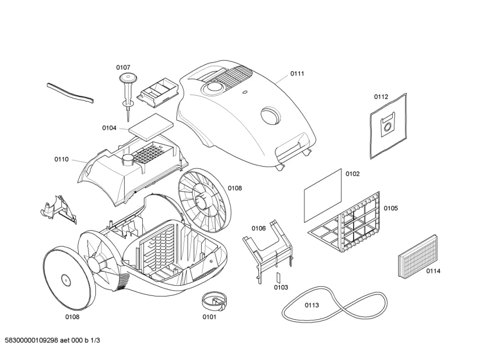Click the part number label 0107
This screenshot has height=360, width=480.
[x=123, y=67]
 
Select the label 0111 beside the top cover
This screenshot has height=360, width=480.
[x=298, y=74]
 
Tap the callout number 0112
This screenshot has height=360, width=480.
[x=381, y=97]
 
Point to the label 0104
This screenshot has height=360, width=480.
[x=109, y=128]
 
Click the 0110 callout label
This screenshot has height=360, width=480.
[x=62, y=159]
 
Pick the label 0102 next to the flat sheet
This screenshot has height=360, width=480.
[x=352, y=174]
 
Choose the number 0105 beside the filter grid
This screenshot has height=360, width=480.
[x=391, y=208]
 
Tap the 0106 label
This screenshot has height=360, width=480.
[x=258, y=228]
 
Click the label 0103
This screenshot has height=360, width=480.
[x=281, y=287]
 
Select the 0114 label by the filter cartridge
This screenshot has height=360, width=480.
[x=434, y=271]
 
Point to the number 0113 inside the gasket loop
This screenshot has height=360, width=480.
[x=312, y=305]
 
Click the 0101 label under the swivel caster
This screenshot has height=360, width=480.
[x=209, y=317]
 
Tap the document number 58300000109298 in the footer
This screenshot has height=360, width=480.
[x=32, y=340]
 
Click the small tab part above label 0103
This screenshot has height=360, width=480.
[x=279, y=277]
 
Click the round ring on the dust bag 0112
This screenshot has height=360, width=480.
[x=388, y=126]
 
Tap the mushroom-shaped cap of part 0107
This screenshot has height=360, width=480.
[x=128, y=77]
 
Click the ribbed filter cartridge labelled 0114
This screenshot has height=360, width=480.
[x=418, y=257]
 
